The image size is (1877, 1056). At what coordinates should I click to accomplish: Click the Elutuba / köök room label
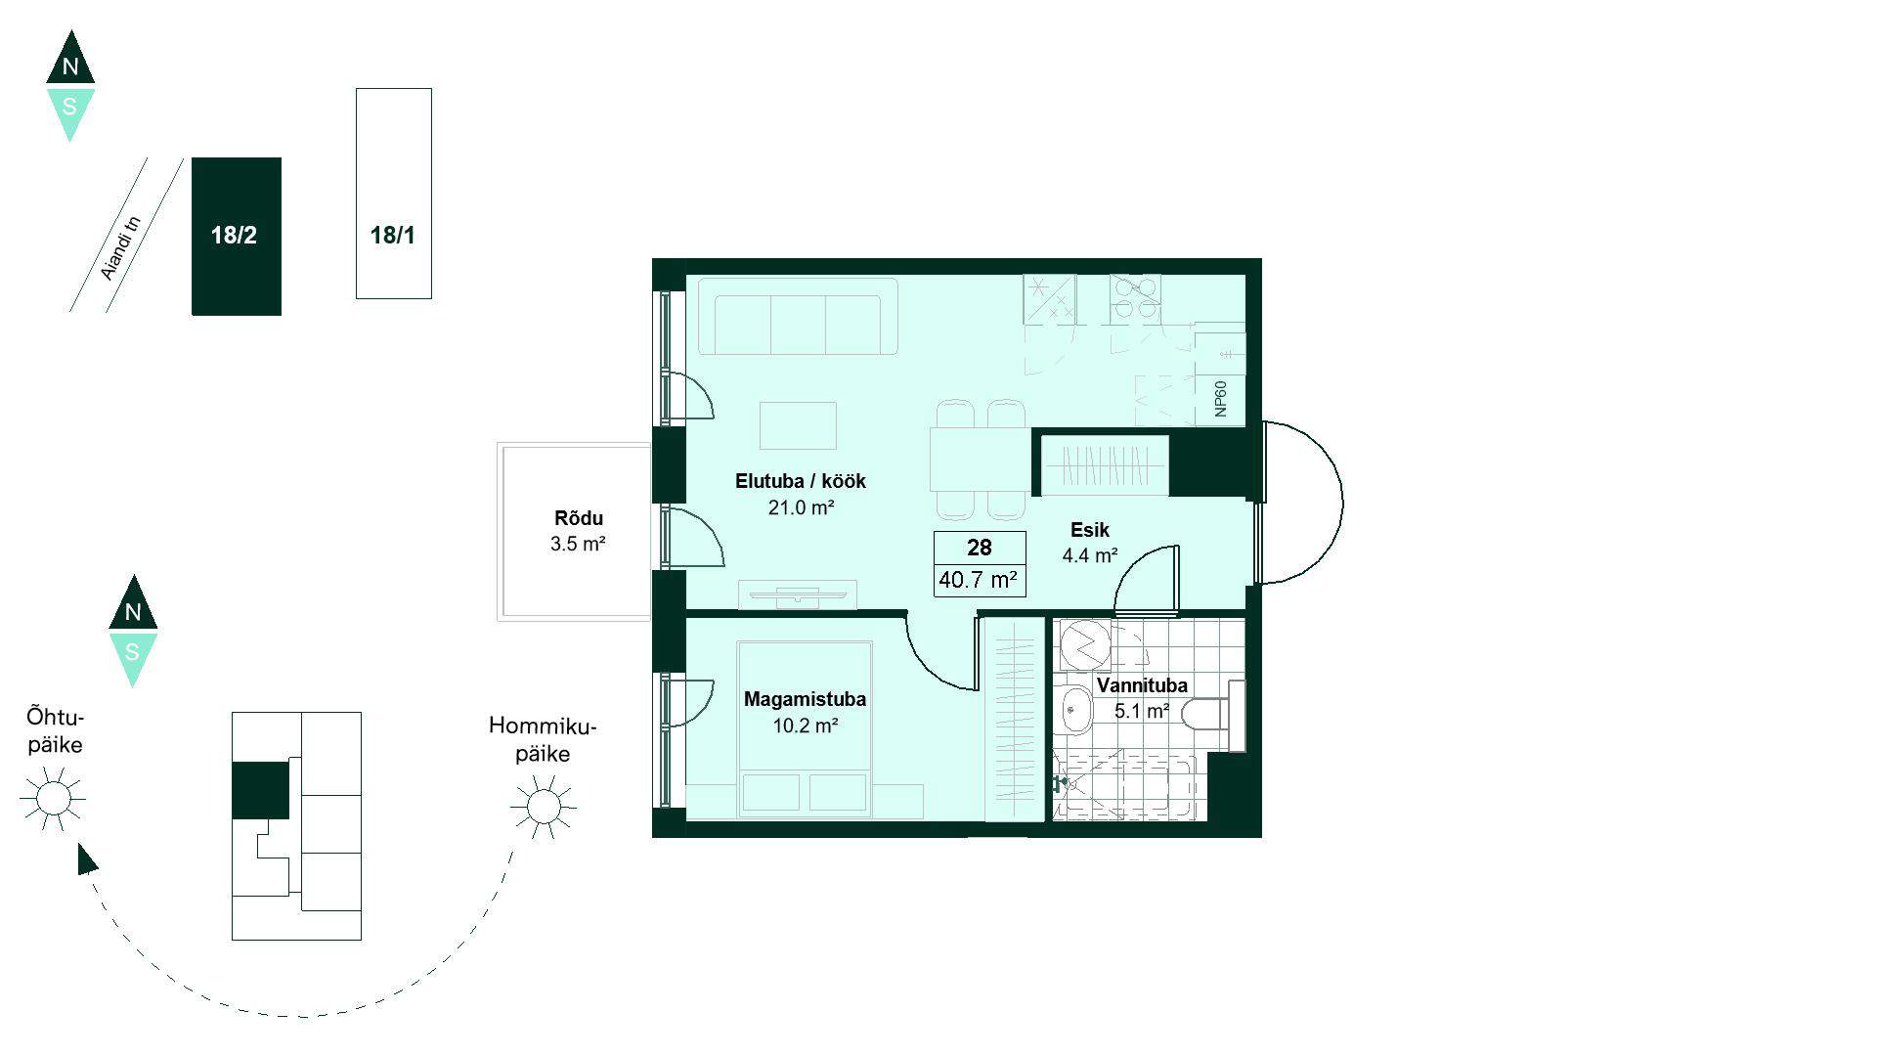pos(801,481)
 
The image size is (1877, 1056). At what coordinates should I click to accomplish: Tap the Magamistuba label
pos(805,699)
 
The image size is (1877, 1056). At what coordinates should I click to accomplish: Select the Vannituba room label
pos(1142,685)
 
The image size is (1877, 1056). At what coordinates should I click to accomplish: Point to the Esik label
pos(1090,530)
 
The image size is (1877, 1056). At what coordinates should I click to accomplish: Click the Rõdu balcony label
pos(579,518)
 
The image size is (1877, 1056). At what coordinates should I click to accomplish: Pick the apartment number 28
pos(980,548)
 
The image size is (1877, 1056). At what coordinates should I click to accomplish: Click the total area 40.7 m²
pos(979,580)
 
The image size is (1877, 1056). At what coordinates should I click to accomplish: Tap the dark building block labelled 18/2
pos(237,237)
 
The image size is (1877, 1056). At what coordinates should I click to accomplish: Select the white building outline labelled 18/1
pos(394,194)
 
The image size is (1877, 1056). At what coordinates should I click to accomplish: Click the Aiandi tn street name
pos(121,248)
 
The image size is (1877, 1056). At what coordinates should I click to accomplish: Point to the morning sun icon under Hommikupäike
pos(544,807)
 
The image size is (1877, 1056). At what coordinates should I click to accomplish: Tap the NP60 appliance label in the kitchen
pos(1220,399)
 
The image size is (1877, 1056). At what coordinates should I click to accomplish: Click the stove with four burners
pos(1135,299)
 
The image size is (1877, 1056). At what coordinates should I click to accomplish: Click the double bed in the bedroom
pos(805,729)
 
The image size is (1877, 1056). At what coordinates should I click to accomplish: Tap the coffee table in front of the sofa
pos(798,425)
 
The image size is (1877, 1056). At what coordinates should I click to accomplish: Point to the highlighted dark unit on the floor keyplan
pos(260,790)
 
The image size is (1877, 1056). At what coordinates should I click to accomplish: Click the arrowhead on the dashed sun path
pos(87,859)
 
